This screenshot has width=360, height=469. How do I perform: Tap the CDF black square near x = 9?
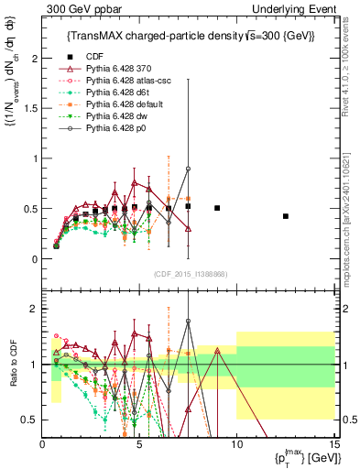[217, 208]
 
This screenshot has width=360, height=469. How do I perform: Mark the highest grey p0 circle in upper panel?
[188, 169]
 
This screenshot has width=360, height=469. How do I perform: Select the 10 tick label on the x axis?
[236, 444]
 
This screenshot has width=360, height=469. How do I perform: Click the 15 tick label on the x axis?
[333, 444]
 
